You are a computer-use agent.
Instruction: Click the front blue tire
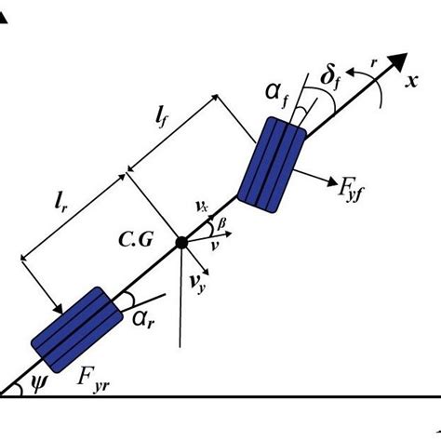click(272, 165)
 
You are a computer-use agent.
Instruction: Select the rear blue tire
click(77, 329)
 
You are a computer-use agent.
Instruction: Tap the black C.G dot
click(181, 243)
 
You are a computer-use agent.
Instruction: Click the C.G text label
click(136, 239)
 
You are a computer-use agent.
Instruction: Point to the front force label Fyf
click(351, 190)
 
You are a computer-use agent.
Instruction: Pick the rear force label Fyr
click(93, 381)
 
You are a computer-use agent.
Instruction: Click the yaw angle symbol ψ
click(39, 384)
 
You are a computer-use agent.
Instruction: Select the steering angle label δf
click(330, 79)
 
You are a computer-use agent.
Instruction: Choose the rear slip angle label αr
click(143, 320)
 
